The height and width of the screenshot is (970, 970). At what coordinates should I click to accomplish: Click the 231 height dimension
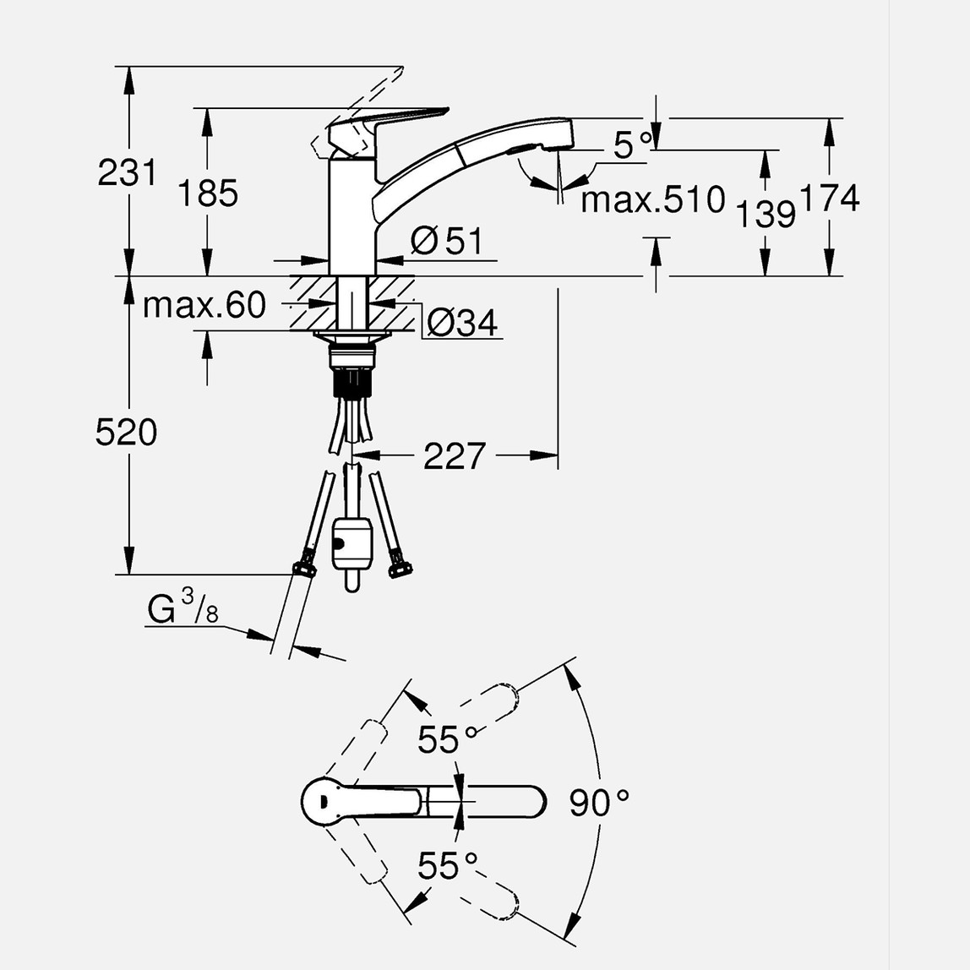click(127, 173)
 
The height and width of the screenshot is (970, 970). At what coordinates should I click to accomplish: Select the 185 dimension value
click(208, 193)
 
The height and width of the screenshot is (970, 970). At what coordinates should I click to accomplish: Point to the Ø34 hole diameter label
click(461, 322)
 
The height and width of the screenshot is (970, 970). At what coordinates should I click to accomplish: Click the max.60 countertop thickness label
click(204, 305)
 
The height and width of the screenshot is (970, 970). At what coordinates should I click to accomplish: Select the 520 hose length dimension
click(126, 433)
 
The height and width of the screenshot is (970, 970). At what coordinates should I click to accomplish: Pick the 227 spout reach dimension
click(455, 456)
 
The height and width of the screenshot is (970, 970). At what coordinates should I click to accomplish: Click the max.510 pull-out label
click(653, 200)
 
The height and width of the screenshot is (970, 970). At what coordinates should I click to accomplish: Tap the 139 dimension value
click(765, 214)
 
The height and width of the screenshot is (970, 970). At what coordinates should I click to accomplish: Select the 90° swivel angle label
click(598, 803)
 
